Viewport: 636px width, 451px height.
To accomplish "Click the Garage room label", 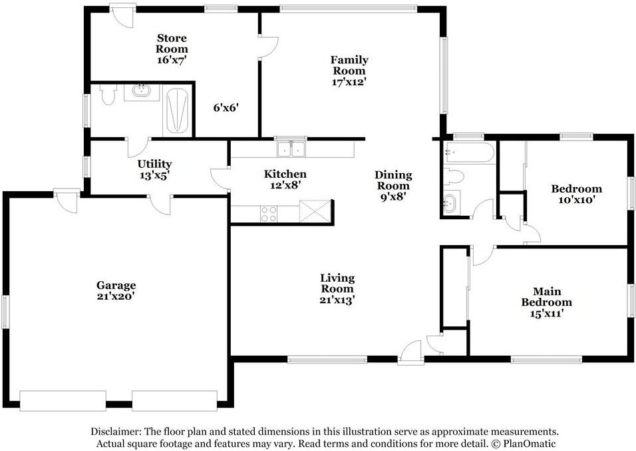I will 116,290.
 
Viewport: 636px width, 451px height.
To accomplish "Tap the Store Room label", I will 172,49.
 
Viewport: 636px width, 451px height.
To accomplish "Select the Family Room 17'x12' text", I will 349,71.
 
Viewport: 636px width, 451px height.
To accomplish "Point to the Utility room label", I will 154,169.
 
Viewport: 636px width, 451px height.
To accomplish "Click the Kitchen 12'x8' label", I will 285,179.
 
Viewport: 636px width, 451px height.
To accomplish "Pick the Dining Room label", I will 394,185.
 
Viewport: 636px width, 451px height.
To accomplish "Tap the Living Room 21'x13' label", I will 337,288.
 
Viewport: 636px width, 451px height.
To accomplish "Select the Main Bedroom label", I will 546,302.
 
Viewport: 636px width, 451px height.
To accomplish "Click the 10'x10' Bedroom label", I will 576,193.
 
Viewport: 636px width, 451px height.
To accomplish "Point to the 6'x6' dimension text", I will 226,107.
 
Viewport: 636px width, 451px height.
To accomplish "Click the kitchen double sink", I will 291,149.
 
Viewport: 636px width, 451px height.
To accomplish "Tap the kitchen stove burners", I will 268,214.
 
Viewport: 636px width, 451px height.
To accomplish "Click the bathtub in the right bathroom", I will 470,153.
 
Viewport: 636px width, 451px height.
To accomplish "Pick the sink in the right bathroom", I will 450,203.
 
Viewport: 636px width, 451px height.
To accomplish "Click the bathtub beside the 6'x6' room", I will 177,111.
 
